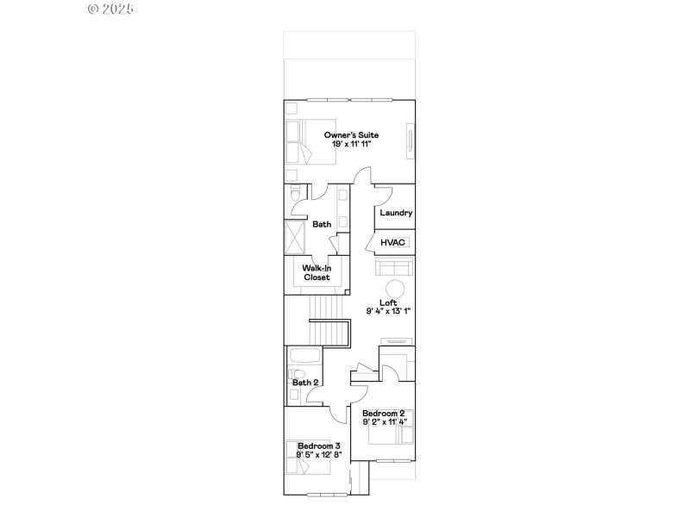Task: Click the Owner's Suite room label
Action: pyautogui.click(x=351, y=135)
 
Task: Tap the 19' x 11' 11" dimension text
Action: pyautogui.click(x=351, y=144)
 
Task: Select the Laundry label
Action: pyautogui.click(x=396, y=213)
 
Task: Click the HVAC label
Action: pyautogui.click(x=393, y=243)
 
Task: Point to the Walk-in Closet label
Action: pyautogui.click(x=317, y=272)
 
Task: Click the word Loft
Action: pyautogui.click(x=388, y=302)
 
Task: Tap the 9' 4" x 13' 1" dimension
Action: pyautogui.click(x=388, y=311)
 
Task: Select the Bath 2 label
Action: pyautogui.click(x=305, y=383)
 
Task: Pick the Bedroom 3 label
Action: pyautogui.click(x=319, y=445)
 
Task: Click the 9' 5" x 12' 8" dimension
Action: pyautogui.click(x=319, y=454)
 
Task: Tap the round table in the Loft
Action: pyautogui.click(x=394, y=288)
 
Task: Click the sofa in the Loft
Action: pyautogui.click(x=396, y=267)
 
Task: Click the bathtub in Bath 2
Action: pyautogui.click(x=303, y=357)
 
